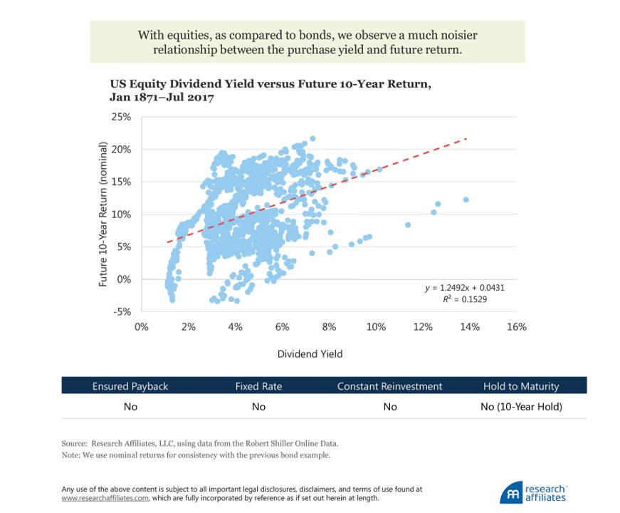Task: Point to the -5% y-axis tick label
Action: (x=122, y=311)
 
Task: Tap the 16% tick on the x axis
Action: (x=516, y=327)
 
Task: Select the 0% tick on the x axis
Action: (x=141, y=327)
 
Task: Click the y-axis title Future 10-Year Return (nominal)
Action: (x=103, y=214)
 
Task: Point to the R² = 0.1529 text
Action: (x=466, y=300)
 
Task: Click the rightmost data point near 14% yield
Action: (x=466, y=199)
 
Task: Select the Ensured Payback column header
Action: (x=130, y=386)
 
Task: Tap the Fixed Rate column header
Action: (x=258, y=386)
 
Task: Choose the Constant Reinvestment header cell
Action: (x=389, y=386)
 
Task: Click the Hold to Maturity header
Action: (x=521, y=386)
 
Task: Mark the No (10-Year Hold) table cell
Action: (x=521, y=407)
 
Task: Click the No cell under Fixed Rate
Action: (x=258, y=407)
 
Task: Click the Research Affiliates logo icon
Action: (x=510, y=494)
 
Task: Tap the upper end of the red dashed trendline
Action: (x=466, y=139)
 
